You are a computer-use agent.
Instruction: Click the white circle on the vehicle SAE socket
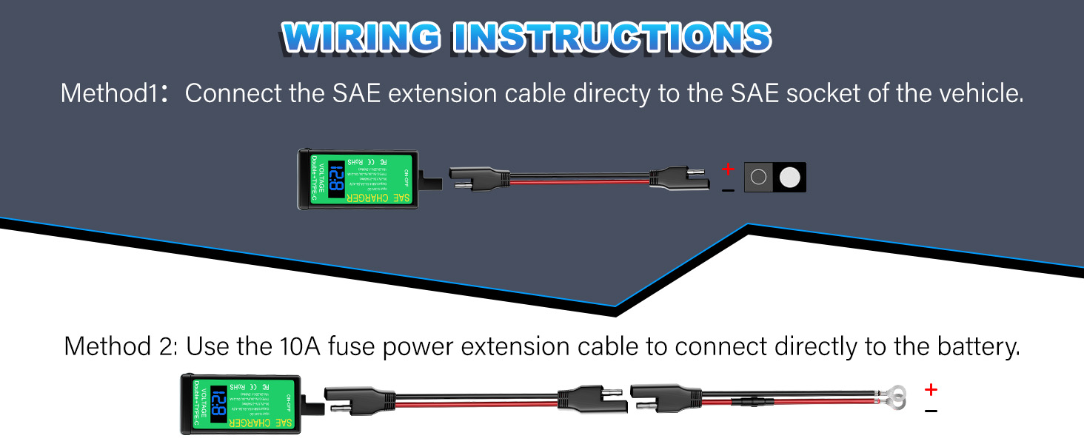(x=790, y=178)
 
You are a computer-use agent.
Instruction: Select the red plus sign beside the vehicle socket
(x=728, y=169)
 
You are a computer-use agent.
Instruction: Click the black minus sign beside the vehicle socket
(x=728, y=190)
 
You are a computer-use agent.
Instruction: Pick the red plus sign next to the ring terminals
(x=931, y=390)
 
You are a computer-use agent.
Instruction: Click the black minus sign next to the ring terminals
(x=931, y=411)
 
